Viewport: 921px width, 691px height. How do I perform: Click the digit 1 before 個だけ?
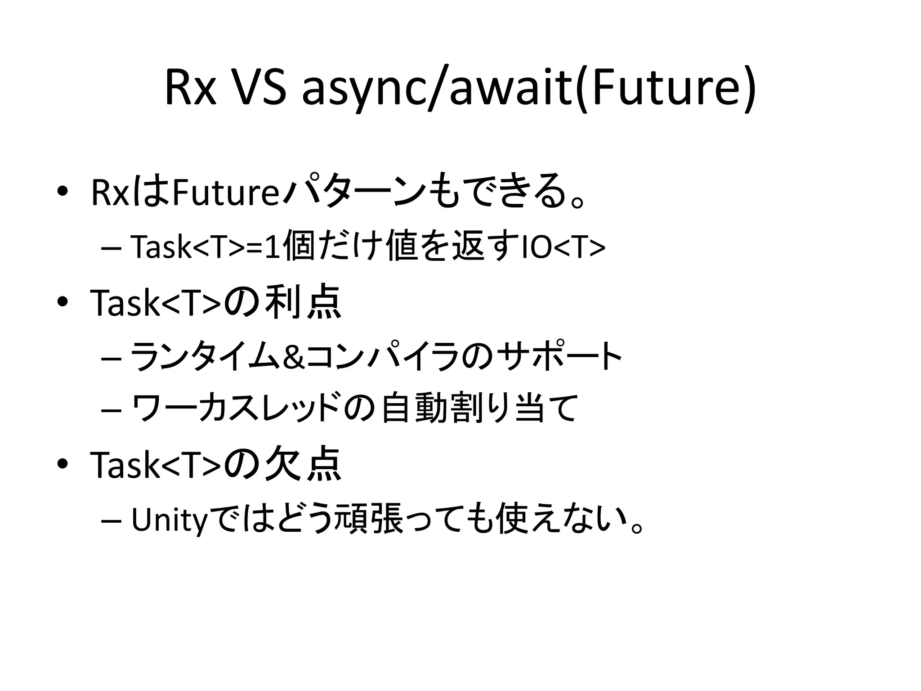(271, 247)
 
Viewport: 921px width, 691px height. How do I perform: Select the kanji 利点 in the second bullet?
(303, 303)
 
